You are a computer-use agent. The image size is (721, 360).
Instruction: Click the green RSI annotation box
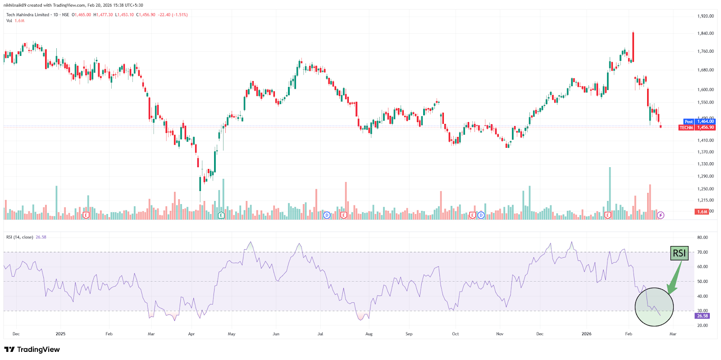click(679, 253)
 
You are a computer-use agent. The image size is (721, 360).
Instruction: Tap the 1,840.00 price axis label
click(706, 33)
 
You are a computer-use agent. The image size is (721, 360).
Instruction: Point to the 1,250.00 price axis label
click(706, 189)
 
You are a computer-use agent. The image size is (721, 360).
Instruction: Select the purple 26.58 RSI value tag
click(703, 316)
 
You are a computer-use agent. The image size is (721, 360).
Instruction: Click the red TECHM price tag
click(686, 128)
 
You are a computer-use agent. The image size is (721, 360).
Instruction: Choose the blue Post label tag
click(689, 122)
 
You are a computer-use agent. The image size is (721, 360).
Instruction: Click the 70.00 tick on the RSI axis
click(703, 252)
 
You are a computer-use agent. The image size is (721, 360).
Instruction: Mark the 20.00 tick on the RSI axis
click(703, 325)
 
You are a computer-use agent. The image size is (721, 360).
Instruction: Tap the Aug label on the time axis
click(369, 334)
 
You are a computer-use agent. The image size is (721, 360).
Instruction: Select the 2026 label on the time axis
click(586, 334)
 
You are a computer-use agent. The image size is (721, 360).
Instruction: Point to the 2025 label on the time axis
click(60, 334)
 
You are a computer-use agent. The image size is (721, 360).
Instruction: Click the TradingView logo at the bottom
click(32, 350)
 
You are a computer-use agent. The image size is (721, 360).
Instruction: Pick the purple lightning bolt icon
click(660, 215)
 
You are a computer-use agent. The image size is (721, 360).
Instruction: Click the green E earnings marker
click(221, 215)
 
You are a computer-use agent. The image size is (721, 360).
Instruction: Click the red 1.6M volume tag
click(702, 212)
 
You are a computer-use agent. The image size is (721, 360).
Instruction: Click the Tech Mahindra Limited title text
click(27, 15)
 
